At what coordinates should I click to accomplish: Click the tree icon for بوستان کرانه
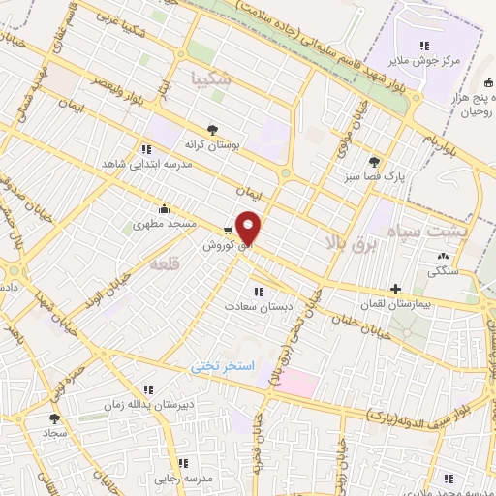[212, 127]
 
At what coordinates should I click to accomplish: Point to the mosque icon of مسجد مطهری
[165, 208]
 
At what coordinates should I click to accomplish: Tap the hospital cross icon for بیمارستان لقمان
[395, 289]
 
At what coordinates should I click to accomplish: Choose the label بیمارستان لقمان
[394, 304]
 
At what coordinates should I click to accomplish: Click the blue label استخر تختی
[222, 368]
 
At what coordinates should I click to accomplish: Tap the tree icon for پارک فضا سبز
[374, 162]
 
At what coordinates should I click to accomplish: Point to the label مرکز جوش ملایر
[423, 60]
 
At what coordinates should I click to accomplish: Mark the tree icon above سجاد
[53, 419]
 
